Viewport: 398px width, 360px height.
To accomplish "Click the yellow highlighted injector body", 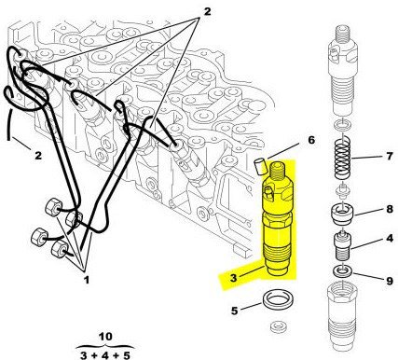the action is click(x=277, y=218).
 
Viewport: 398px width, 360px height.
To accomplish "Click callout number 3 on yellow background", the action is click(x=234, y=278).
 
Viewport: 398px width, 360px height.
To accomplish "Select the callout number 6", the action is click(x=311, y=140).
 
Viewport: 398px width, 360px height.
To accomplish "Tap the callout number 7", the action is click(x=390, y=156).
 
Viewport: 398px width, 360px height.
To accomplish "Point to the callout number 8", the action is click(x=390, y=209).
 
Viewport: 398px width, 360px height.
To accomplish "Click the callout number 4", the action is click(x=390, y=239).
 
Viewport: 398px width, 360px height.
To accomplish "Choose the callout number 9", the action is click(x=390, y=281).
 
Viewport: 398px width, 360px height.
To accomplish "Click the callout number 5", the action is click(x=234, y=311).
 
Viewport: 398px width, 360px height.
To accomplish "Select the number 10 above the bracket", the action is click(x=105, y=337).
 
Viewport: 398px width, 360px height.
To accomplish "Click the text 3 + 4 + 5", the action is click(x=105, y=354).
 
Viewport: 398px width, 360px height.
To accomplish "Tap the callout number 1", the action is click(x=87, y=280).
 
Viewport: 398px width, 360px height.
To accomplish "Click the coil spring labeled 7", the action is click(x=343, y=157).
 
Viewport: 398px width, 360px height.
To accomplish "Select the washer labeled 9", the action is click(x=342, y=271).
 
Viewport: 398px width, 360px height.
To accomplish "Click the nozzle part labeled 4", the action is click(x=342, y=245).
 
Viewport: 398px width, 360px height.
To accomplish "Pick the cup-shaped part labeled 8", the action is click(x=342, y=214).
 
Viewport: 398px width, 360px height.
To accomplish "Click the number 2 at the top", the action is click(x=207, y=11).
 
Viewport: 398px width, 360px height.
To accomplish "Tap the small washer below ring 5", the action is click(x=277, y=327).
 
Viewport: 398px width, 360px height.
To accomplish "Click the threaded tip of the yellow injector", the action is click(x=278, y=171).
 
